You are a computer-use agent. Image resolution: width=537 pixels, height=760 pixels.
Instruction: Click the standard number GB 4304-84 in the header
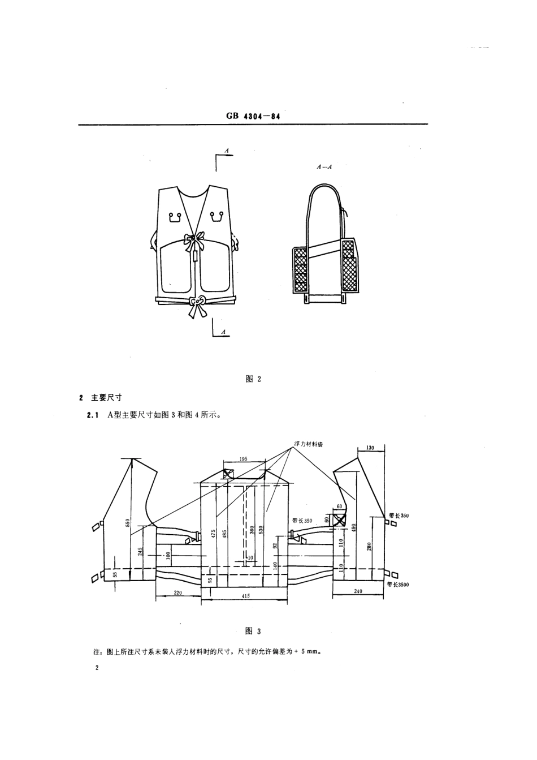(x=253, y=115)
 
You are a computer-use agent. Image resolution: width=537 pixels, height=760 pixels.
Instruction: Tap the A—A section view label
(x=324, y=167)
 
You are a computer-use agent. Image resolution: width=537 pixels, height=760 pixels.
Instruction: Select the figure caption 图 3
(x=253, y=631)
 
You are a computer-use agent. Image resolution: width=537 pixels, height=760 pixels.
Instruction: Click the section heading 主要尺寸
(x=106, y=397)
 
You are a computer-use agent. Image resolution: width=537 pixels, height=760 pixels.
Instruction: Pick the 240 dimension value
(x=358, y=592)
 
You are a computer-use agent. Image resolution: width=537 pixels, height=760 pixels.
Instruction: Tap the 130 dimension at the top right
(x=371, y=448)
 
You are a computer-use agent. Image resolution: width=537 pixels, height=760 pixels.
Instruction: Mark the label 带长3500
(x=398, y=584)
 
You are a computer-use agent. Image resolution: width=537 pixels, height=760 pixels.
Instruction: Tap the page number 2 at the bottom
(x=97, y=668)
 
